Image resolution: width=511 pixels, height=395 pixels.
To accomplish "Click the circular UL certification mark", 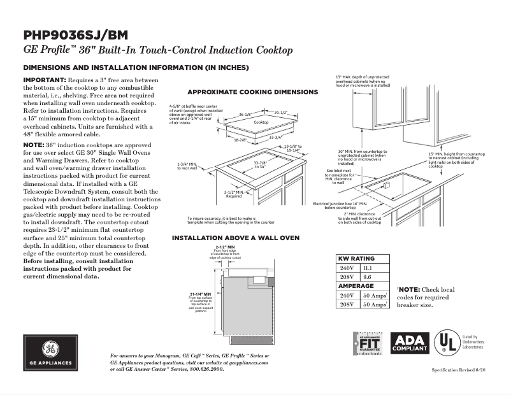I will [445, 344].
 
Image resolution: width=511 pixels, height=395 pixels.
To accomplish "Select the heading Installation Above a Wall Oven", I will [236, 238].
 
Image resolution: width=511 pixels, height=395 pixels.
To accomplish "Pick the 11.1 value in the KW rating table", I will [367, 269].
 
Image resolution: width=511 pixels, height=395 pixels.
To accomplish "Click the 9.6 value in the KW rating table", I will [366, 278].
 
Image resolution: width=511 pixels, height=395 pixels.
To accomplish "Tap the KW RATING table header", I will [356, 259].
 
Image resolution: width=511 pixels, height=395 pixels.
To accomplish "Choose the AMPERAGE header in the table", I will [355, 287].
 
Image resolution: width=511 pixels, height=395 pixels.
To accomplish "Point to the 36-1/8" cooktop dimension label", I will [246, 115].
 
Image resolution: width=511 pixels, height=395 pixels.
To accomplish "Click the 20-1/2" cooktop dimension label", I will [280, 113].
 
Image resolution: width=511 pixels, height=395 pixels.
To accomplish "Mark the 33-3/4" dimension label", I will [275, 137].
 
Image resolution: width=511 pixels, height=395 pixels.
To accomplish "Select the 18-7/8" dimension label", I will [240, 140].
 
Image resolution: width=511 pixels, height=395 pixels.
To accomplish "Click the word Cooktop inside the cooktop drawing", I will [261, 122].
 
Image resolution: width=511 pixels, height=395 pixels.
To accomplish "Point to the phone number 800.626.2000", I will [203, 369].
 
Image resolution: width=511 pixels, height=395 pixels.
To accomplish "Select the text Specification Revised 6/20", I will [458, 370].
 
